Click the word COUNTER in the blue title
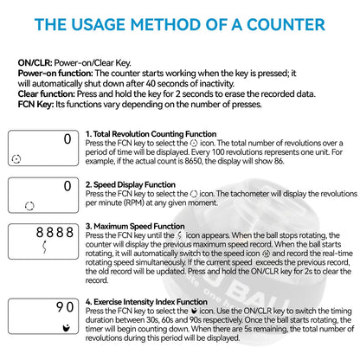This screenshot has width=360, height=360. (286, 24)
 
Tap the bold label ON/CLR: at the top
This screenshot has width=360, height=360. (35, 63)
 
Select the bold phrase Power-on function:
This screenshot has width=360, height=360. (55, 74)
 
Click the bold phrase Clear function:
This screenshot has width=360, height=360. (46, 94)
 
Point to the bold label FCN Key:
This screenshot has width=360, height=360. (35, 105)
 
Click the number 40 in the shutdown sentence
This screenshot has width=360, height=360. (151, 84)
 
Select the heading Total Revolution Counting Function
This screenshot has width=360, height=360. (155, 134)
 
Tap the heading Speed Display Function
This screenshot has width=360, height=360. (134, 184)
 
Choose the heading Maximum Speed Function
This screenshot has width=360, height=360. (139, 226)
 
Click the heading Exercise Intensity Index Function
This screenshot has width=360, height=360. (151, 302)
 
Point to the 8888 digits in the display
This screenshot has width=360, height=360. (55, 233)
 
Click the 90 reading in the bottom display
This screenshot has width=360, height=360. (65, 307)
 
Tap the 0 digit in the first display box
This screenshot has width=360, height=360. (67, 139)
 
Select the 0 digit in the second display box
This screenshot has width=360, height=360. (67, 186)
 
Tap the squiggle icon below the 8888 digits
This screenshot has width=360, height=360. (44, 247)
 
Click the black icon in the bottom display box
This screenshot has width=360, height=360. (67, 328)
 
